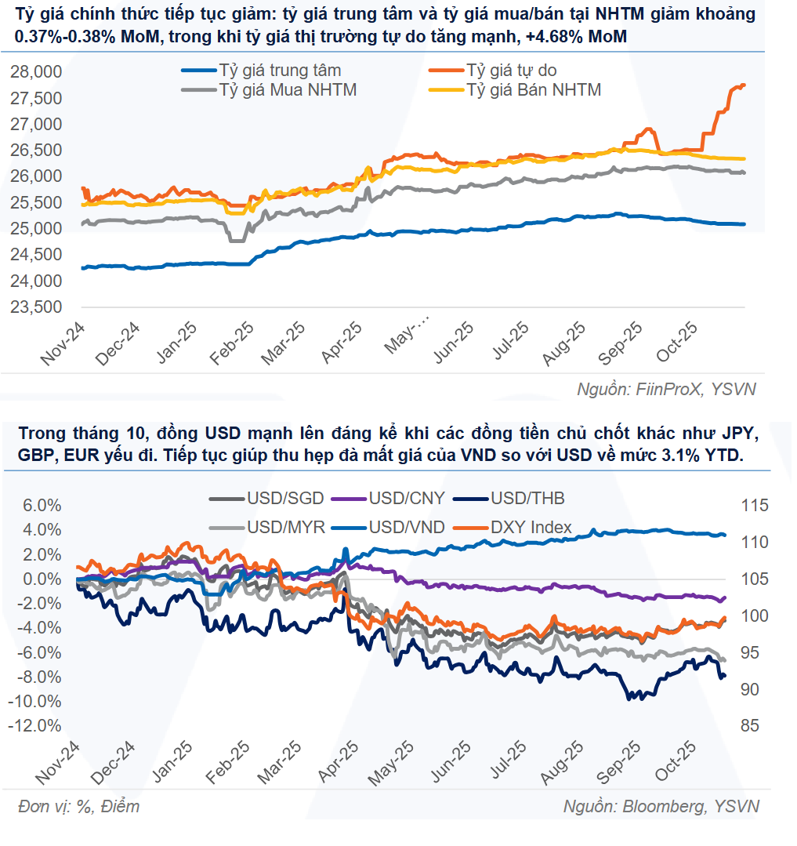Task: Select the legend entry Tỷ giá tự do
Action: pyautogui.click(x=510, y=71)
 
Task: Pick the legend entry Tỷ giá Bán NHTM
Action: pyautogui.click(x=534, y=90)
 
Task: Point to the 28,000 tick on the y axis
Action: pyautogui.click(x=36, y=72)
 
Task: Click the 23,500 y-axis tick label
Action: pyautogui.click(x=36, y=307)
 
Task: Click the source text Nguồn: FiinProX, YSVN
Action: pyautogui.click(x=666, y=389)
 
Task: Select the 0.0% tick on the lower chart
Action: pyautogui.click(x=38, y=579)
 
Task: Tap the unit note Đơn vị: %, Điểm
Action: pyautogui.click(x=78, y=806)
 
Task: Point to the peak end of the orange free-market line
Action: pyautogui.click(x=743, y=85)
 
